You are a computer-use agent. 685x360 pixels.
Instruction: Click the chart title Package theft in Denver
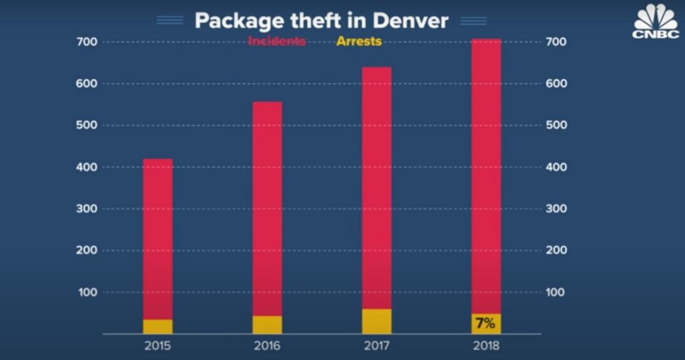coord(321,20)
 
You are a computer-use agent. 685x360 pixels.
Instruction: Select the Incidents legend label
coord(277,42)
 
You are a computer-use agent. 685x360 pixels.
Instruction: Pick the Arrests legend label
coord(358,42)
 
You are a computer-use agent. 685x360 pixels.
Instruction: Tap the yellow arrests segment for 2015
coord(157,326)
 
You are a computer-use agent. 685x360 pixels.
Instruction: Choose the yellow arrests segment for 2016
coord(267,325)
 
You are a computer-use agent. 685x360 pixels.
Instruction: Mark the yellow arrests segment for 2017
coord(377,321)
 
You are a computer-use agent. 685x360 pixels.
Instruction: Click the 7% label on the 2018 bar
coord(485,324)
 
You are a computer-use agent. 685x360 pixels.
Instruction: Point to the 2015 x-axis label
coord(157,346)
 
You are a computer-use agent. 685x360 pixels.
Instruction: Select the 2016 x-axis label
coord(267,346)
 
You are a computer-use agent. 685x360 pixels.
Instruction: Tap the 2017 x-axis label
coord(377,346)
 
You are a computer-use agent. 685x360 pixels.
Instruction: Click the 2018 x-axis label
coord(486,346)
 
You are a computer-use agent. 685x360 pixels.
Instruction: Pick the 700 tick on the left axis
coord(88,42)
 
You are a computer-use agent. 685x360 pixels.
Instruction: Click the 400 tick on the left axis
coord(88,167)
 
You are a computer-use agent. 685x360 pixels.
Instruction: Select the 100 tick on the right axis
coord(556,292)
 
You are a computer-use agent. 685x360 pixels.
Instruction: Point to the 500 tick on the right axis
coord(556,125)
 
